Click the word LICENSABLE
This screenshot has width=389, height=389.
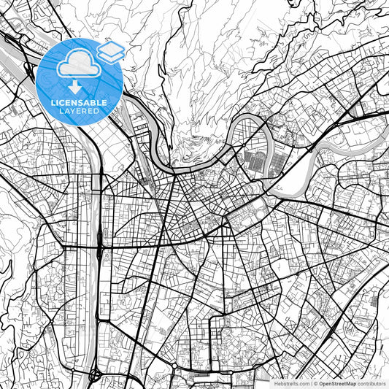79,103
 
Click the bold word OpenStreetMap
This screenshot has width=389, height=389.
336,383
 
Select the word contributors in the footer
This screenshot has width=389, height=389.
371,383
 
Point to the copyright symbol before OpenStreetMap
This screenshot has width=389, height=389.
315,383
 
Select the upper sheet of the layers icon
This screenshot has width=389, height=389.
111,47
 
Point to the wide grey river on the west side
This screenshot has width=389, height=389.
90,182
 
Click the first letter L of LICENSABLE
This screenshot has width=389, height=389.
52,103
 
